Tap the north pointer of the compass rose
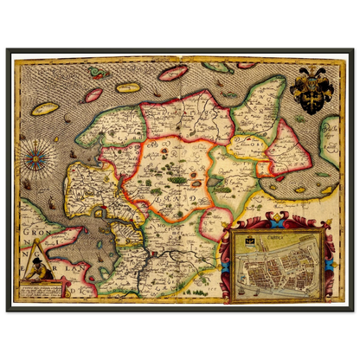38,147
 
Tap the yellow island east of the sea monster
128,87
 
